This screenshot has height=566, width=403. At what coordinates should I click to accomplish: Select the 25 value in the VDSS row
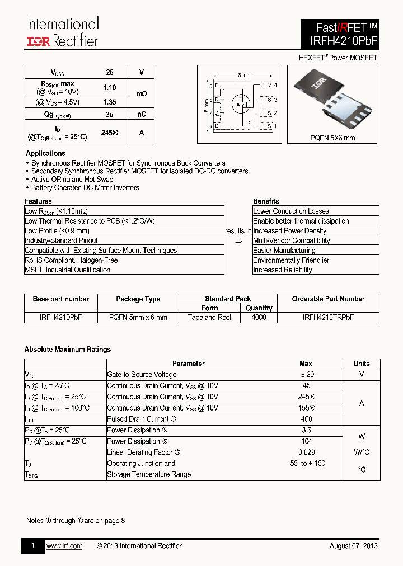110,73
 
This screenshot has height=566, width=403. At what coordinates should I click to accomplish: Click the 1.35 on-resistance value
110,102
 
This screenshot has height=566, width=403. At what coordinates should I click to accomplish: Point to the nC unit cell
142,114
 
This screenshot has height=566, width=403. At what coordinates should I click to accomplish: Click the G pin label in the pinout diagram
269,85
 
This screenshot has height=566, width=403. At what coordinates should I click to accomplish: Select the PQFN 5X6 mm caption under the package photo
332,138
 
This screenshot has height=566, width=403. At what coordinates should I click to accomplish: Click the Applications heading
45,153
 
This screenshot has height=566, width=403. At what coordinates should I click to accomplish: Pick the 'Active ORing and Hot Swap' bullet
72,180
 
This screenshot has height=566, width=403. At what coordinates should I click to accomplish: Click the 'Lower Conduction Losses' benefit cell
291,211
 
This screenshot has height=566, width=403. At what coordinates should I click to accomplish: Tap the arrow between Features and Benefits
238,241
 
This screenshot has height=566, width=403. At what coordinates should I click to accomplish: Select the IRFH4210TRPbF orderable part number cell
328,317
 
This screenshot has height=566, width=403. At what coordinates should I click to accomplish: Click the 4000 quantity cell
259,317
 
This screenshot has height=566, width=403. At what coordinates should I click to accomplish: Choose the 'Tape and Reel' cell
210,317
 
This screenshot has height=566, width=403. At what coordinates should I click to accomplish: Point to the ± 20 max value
306,375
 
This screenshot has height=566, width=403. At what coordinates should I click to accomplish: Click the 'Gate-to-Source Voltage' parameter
142,375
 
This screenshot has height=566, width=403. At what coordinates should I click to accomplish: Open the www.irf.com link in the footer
64,546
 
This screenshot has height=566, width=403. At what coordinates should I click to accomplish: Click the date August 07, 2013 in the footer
353,546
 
